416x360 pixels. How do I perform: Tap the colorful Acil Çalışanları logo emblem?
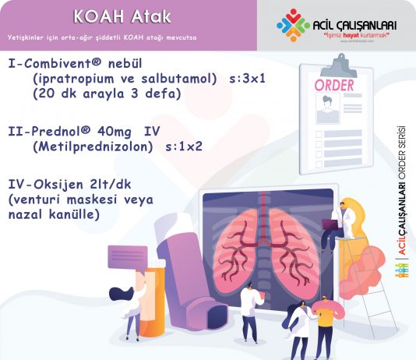291,25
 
